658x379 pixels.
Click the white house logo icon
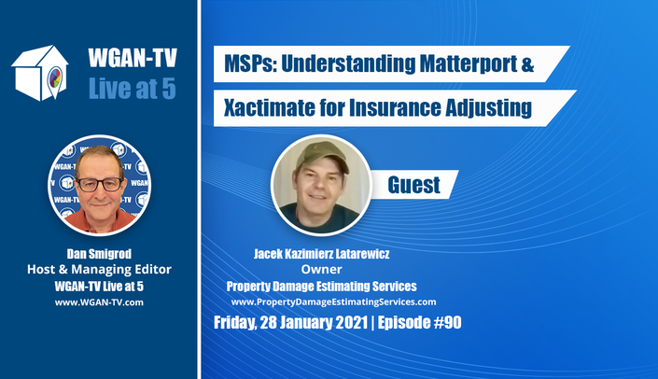(40, 73)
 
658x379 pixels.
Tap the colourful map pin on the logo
(55, 79)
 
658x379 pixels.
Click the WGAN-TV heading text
(133, 58)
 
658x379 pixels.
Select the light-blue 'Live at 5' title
(133, 88)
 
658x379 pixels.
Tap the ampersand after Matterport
(527, 64)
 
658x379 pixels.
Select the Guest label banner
(413, 185)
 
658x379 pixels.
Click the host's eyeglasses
(100, 184)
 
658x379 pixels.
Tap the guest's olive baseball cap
(322, 156)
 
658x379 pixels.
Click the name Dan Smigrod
(99, 254)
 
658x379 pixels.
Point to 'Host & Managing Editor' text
(99, 269)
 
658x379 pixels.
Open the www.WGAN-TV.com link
(99, 302)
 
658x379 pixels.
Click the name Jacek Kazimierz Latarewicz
(321, 254)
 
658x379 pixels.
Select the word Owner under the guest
(321, 269)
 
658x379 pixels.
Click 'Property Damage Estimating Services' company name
(321, 287)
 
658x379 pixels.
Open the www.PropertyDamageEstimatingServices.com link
(333, 302)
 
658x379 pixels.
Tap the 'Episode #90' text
(420, 322)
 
